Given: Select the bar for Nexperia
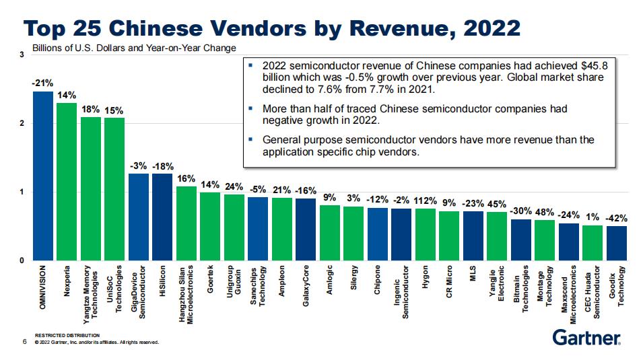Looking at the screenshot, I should point(66,182).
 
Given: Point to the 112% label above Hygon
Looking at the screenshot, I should point(426,201).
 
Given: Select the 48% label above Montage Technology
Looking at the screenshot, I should point(544,213).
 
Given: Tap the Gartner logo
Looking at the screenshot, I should point(586,336).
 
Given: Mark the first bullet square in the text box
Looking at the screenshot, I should point(250,65).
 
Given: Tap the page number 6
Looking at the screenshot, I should point(24,342).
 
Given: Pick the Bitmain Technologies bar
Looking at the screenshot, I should point(520,240).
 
